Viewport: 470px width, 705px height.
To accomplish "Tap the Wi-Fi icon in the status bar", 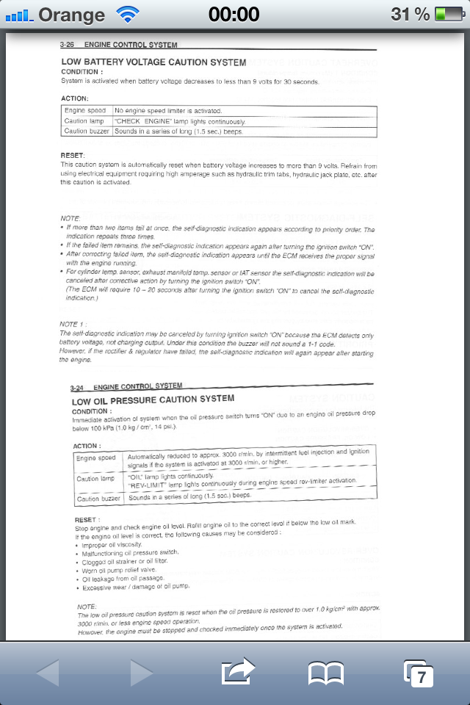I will (128, 13).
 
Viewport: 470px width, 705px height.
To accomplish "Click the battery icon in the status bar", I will (448, 14).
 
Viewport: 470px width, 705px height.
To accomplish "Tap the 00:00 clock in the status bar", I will (234, 14).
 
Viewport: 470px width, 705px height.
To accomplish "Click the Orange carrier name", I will (72, 14).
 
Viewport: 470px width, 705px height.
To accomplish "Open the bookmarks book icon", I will (326, 673).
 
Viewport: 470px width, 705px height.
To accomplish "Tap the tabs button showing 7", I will (419, 673).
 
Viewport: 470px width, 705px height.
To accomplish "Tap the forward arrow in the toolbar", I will (141, 673).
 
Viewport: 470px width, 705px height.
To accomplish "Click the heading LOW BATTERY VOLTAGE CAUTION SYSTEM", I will (153, 62).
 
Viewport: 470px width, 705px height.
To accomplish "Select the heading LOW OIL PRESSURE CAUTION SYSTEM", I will (153, 399).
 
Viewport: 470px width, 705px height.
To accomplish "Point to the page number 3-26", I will (68, 45).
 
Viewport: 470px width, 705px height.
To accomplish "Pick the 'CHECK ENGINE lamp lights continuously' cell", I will (180, 121).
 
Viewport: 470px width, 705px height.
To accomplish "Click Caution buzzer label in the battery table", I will (87, 131).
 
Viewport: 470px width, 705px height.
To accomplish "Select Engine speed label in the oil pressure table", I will (96, 458).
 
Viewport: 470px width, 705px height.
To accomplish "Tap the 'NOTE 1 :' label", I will (73, 324).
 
